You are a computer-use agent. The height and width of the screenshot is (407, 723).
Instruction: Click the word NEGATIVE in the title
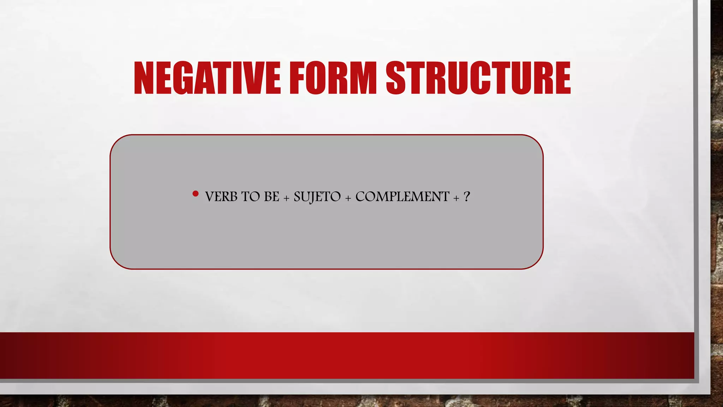click(x=207, y=78)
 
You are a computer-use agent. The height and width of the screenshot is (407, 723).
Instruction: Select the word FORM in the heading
click(x=333, y=78)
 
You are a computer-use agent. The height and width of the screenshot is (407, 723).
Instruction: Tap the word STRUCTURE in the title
click(x=478, y=78)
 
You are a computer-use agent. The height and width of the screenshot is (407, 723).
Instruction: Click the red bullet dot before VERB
click(x=196, y=194)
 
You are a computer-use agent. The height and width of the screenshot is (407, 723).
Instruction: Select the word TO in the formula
click(x=251, y=197)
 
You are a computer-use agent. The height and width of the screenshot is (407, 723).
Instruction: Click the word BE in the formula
click(x=271, y=197)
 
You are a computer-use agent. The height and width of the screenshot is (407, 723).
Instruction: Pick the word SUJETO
click(x=317, y=197)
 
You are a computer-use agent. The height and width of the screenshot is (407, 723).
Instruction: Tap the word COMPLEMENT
click(x=402, y=197)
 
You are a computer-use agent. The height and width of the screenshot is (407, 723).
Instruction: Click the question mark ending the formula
click(x=467, y=196)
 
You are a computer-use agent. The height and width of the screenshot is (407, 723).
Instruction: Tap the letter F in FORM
click(x=298, y=78)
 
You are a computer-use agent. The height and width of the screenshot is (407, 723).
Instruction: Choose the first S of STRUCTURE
click(x=396, y=78)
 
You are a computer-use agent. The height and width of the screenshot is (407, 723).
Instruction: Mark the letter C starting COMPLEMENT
click(x=361, y=197)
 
